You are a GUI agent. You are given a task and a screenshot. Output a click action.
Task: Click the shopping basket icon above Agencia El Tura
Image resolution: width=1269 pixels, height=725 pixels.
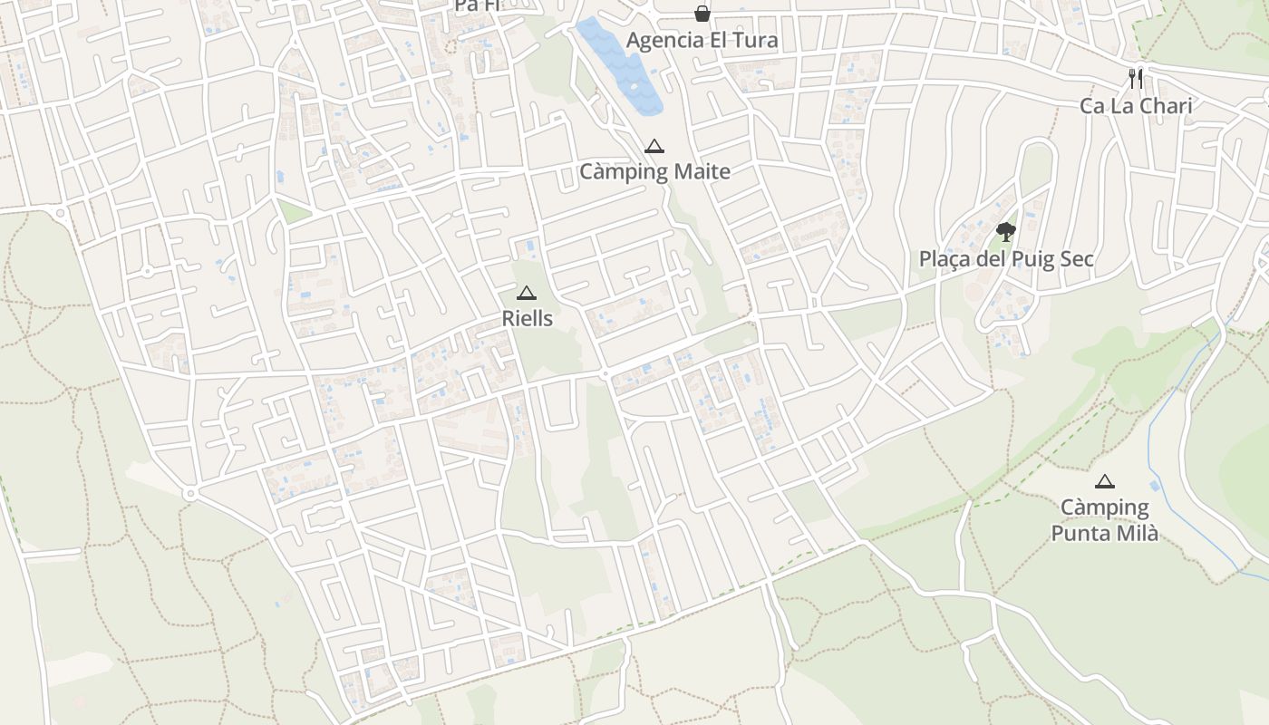pyautogui.click(x=702, y=14)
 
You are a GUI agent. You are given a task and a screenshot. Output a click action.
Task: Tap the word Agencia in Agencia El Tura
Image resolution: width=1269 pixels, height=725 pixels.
pyautogui.click(x=665, y=41)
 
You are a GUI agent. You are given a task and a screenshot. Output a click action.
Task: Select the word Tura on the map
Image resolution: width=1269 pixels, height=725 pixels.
pyautogui.click(x=757, y=41)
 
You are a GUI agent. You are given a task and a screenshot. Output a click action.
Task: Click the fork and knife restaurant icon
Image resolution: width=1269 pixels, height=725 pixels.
pyautogui.click(x=1136, y=79)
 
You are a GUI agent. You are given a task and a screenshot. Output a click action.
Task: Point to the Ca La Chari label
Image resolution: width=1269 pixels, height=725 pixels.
pyautogui.click(x=1135, y=106)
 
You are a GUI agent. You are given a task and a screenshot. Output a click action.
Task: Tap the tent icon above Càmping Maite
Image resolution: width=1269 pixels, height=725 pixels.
pyautogui.click(x=654, y=146)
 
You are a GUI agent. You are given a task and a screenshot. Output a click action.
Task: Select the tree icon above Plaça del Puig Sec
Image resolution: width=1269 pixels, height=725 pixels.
pyautogui.click(x=1005, y=232)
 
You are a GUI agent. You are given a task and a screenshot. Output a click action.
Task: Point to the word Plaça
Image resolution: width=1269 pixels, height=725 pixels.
pyautogui.click(x=944, y=259)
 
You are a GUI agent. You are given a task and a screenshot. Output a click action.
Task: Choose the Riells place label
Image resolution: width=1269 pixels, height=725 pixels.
pyautogui.click(x=527, y=319)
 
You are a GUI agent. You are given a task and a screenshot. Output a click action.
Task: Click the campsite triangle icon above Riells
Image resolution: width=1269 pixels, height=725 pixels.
pyautogui.click(x=527, y=293)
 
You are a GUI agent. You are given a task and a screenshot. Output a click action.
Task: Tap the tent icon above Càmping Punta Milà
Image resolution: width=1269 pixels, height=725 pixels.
pyautogui.click(x=1104, y=481)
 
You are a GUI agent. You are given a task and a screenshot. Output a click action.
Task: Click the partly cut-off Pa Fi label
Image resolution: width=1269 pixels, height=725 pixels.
pyautogui.click(x=477, y=5)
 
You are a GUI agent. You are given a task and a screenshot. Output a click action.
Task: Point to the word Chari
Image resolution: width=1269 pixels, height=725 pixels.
pyautogui.click(x=1165, y=106)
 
